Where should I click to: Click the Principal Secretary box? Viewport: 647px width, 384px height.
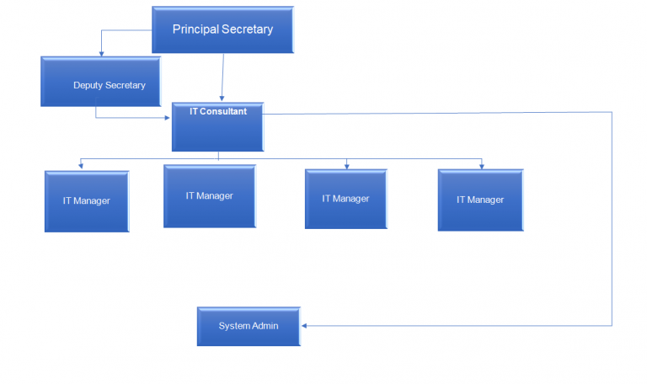click(x=222, y=30)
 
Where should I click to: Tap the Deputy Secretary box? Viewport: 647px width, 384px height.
click(x=100, y=82)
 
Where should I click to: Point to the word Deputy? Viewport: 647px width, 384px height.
click(x=88, y=85)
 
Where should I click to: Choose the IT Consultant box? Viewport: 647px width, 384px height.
click(x=217, y=126)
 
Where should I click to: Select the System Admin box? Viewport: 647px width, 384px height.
click(x=249, y=326)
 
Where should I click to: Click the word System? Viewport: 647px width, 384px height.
click(x=234, y=326)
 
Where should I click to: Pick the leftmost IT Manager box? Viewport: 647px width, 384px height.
click(x=87, y=201)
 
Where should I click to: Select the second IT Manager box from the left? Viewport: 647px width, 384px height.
click(x=209, y=196)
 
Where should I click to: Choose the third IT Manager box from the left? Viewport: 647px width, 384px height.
click(x=345, y=199)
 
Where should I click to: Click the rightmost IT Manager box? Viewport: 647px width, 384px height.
click(x=480, y=200)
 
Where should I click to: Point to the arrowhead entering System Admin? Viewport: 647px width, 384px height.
click(x=305, y=326)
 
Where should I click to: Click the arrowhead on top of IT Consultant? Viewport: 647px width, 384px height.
click(x=222, y=99)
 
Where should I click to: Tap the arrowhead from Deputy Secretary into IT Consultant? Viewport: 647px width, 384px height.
click(x=168, y=118)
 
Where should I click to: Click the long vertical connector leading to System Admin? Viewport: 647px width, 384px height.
click(x=612, y=219)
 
